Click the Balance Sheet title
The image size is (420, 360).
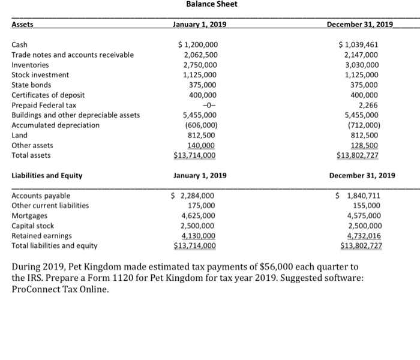[x=211, y=4]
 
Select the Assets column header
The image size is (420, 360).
[x=23, y=25]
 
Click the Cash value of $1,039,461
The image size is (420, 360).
[x=358, y=45]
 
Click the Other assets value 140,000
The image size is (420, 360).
[x=202, y=145]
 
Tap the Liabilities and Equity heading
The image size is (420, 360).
[x=47, y=176]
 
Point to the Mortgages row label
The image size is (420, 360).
[x=28, y=215]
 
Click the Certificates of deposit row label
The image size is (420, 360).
[x=48, y=95]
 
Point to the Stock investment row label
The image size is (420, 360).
[x=40, y=75]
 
